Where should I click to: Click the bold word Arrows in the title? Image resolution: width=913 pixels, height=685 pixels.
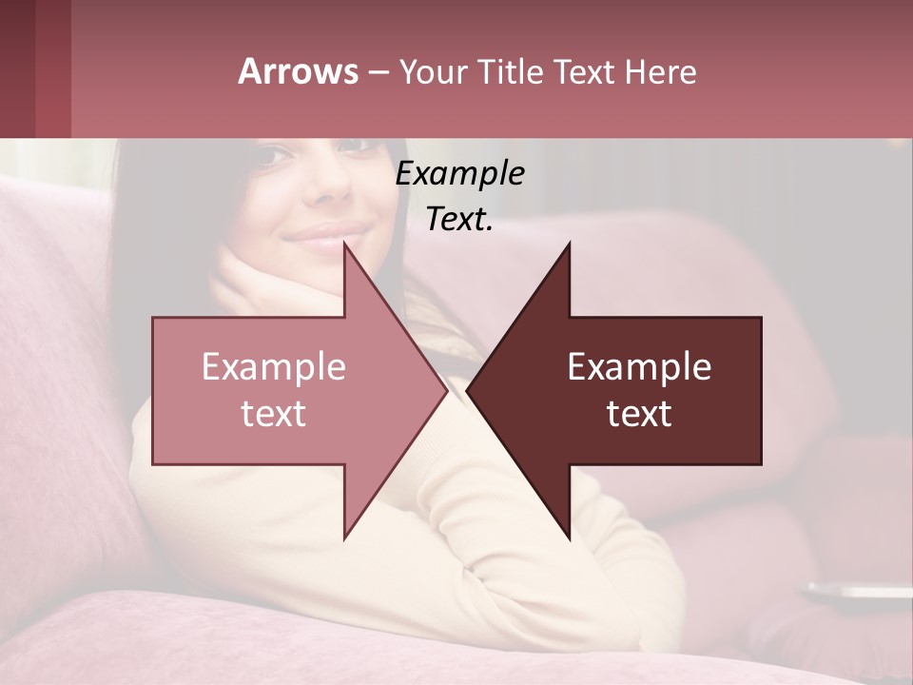(x=298, y=71)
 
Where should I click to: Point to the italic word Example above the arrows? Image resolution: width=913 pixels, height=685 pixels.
(x=459, y=174)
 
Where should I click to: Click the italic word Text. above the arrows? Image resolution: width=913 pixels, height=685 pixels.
(x=459, y=220)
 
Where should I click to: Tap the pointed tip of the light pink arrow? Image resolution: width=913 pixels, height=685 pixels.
(x=445, y=390)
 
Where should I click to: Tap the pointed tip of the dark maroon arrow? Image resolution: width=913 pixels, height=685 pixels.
(x=469, y=390)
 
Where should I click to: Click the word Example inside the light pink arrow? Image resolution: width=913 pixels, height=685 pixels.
(x=274, y=367)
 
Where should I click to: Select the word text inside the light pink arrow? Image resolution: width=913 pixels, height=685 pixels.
(x=274, y=414)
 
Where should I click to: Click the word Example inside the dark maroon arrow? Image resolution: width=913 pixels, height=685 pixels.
(x=639, y=367)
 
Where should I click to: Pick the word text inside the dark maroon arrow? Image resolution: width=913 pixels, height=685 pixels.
(x=639, y=414)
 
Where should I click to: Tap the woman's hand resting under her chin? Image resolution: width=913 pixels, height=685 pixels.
(x=257, y=285)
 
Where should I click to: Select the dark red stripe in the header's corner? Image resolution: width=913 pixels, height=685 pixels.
(x=52, y=68)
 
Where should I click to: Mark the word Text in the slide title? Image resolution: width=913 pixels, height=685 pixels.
(x=584, y=72)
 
